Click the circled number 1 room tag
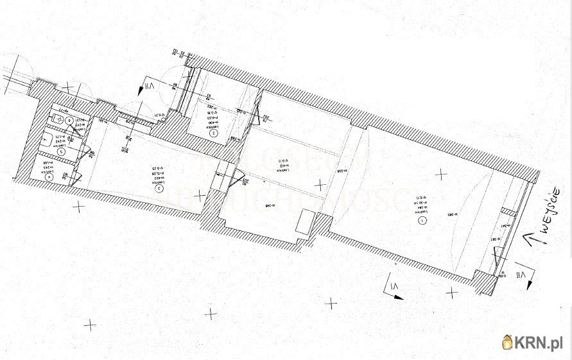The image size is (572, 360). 422,219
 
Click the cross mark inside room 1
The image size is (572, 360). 441,173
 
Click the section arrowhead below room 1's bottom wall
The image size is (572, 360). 398,296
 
